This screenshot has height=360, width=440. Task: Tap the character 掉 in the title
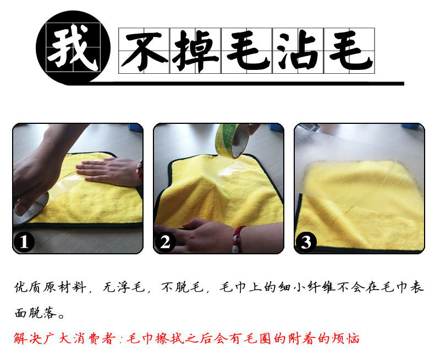pyautogui.click(x=196, y=51)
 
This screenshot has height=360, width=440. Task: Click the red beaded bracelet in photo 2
pyautogui.click(x=237, y=238)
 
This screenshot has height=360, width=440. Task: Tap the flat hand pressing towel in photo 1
pyautogui.click(x=107, y=172)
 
